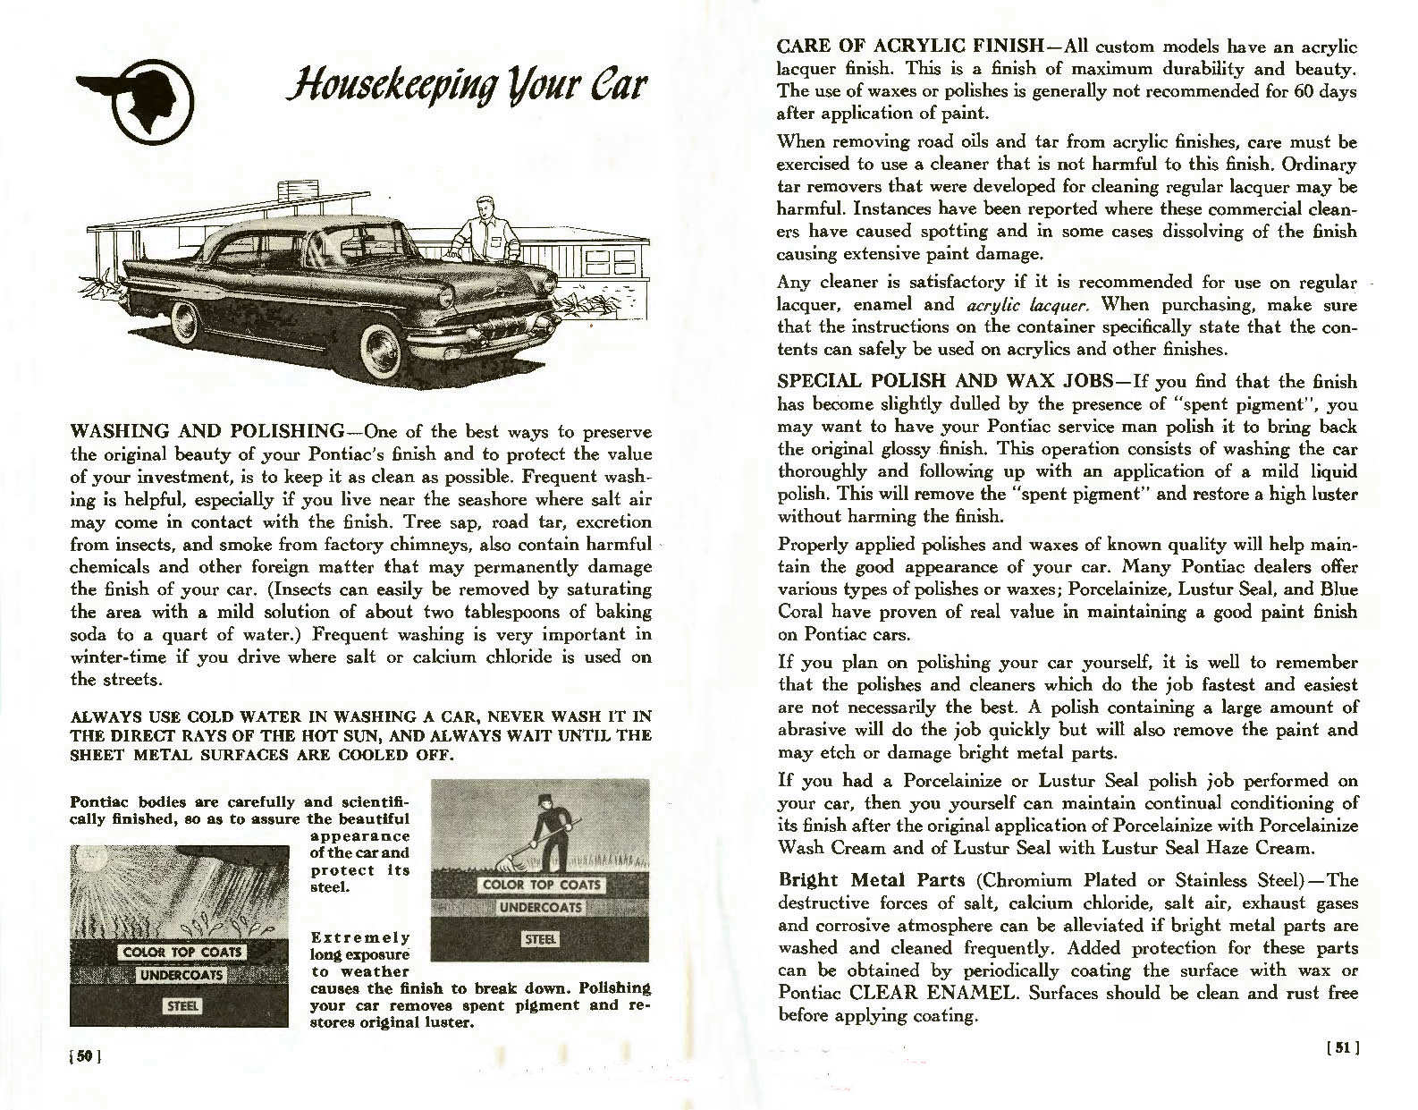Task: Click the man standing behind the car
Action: coord(484,230)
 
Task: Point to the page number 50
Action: coord(86,1055)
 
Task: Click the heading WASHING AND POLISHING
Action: coord(207,432)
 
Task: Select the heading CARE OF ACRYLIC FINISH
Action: coord(910,46)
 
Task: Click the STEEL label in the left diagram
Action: coord(183,1005)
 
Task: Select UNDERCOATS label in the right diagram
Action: coord(540,907)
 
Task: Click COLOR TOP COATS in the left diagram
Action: coord(183,952)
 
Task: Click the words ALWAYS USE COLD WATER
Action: coord(167,717)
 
